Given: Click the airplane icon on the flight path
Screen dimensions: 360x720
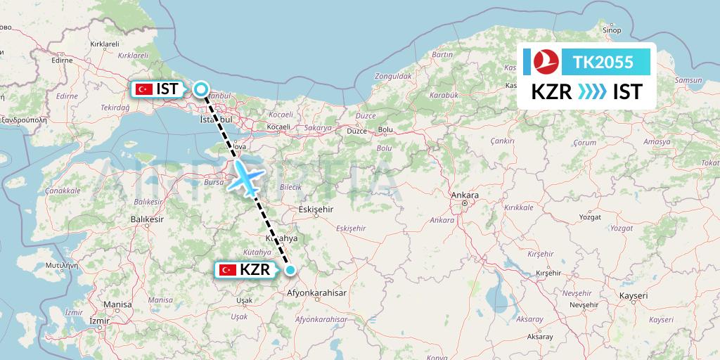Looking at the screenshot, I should (x=245, y=178).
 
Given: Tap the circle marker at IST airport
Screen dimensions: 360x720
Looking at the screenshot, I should (x=201, y=89).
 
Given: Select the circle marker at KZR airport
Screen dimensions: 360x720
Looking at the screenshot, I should (x=290, y=269).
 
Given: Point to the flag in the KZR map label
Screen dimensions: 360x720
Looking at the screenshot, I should (x=227, y=269).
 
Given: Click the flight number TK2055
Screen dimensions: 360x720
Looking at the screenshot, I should (x=603, y=63).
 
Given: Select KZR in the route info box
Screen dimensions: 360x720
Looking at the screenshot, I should (x=551, y=91).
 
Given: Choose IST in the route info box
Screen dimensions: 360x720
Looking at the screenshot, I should (x=627, y=91).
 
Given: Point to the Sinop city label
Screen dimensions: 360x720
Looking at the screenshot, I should (x=612, y=30).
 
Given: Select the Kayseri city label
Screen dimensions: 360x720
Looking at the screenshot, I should (x=632, y=296).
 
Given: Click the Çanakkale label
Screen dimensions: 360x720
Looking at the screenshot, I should (x=62, y=190).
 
